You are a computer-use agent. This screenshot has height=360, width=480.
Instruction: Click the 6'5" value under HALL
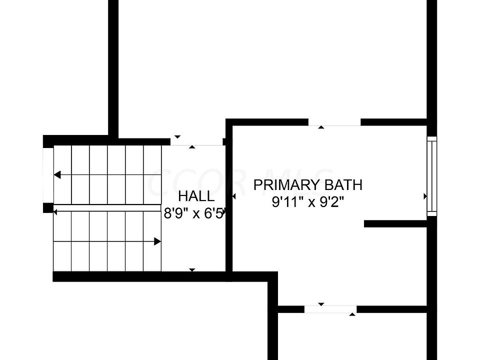(x=215, y=213)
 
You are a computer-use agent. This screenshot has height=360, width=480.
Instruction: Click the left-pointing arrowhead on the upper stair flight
(x=57, y=175)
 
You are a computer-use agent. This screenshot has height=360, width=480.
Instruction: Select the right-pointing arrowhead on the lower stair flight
(x=157, y=241)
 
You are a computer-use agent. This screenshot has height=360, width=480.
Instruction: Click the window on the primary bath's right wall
(x=431, y=176)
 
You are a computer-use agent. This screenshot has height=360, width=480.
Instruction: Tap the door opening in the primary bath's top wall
(x=334, y=122)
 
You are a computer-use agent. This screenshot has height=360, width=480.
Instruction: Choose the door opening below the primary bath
(x=330, y=309)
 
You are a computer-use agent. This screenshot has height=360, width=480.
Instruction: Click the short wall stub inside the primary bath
(x=395, y=223)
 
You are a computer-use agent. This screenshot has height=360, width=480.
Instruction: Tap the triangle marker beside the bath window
(x=425, y=196)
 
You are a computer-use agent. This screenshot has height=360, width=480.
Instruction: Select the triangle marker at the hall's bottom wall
(x=192, y=270)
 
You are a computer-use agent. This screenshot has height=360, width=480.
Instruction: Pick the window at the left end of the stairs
(x=48, y=175)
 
